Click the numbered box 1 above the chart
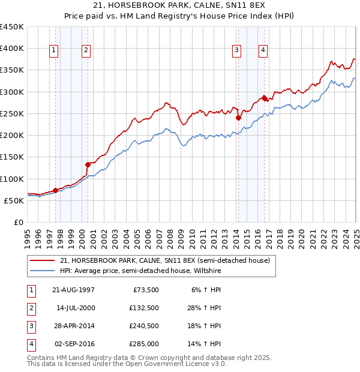tap(54, 50)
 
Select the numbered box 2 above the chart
tap(86, 50)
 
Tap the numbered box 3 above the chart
tap(237, 50)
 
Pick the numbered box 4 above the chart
tap(263, 50)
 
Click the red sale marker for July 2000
tap(88, 164)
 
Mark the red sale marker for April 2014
tap(238, 118)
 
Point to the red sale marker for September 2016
tap(264, 98)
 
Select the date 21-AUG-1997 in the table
tap(73, 290)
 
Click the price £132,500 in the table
tap(143, 308)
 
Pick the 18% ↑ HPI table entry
tap(207, 326)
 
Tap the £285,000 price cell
tap(143, 344)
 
